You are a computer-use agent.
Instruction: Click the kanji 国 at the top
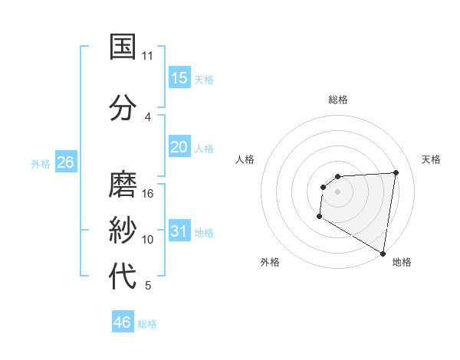point(123,47)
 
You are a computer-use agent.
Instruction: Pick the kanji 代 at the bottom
point(123,277)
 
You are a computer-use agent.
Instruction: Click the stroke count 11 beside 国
point(148,56)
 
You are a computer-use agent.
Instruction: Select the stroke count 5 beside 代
point(148,286)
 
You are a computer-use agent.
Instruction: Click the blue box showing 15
point(179,78)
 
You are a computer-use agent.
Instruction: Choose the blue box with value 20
point(179,147)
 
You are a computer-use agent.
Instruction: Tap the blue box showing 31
point(179,231)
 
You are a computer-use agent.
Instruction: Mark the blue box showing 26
point(65,162)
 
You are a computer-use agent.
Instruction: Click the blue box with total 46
point(123,322)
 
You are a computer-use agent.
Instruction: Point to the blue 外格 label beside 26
point(41,163)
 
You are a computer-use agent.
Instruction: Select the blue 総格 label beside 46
point(147,323)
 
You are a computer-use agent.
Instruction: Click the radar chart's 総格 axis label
point(337,100)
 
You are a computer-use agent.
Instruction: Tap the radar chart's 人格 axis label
point(245,159)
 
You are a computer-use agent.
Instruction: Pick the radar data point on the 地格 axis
point(383,253)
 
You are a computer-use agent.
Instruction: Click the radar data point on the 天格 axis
point(396,172)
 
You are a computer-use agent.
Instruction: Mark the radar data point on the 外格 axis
point(319,217)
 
